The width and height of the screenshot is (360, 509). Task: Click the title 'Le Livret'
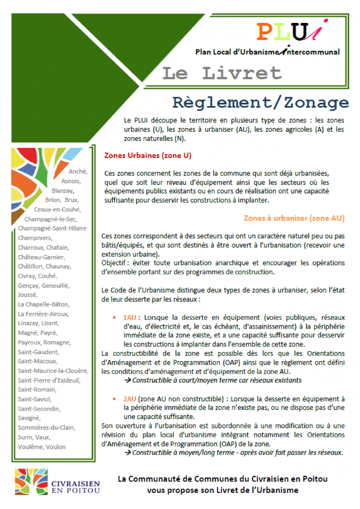pyautogui.click(x=222, y=73)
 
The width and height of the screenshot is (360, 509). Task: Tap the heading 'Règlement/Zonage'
pyautogui.click(x=260, y=103)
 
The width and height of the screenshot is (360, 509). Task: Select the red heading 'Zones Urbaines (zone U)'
pyautogui.click(x=148, y=156)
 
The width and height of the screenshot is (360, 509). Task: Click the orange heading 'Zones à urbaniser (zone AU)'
pyautogui.click(x=294, y=218)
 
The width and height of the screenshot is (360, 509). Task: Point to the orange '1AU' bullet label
pyautogui.click(x=129, y=317)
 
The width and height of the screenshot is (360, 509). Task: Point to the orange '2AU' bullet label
pyautogui.click(x=129, y=399)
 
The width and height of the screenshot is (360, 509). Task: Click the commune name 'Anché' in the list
pyautogui.click(x=78, y=171)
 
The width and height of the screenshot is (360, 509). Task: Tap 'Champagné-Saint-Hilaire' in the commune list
pyautogui.click(x=52, y=228)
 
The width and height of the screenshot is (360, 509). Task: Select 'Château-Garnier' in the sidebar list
pyautogui.click(x=41, y=257)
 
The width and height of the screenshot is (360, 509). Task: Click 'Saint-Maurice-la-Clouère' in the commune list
pyautogui.click(x=53, y=371)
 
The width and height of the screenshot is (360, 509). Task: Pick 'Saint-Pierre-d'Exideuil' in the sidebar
pyautogui.click(x=49, y=380)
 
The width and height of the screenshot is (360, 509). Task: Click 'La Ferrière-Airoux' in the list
pyautogui.click(x=43, y=314)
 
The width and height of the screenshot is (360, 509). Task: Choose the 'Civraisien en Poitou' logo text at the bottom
pyautogui.click(x=75, y=487)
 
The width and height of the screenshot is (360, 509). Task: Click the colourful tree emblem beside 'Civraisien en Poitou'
pyautogui.click(x=31, y=481)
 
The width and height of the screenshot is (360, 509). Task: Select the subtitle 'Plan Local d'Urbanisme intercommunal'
pyautogui.click(x=267, y=52)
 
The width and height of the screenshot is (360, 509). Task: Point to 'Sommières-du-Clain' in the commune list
pyautogui.click(x=45, y=428)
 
